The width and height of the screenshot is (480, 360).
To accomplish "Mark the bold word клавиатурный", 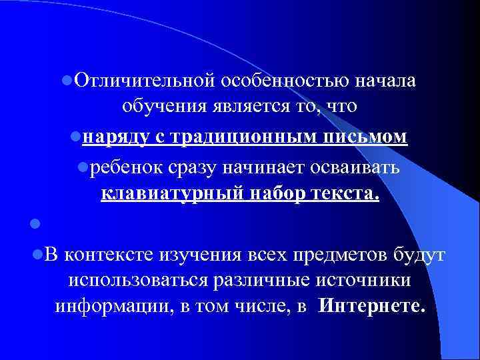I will [173, 195].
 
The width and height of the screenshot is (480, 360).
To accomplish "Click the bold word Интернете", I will [371, 307].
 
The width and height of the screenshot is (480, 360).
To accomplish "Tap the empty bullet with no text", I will [41, 223].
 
